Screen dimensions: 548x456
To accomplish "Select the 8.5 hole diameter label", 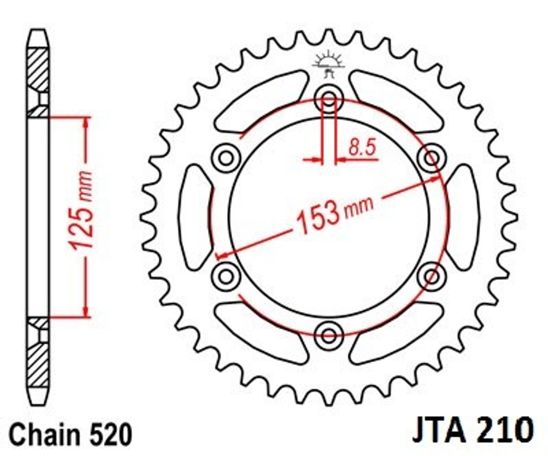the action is tap(362, 147).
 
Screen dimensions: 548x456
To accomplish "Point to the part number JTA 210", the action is tap(473, 430).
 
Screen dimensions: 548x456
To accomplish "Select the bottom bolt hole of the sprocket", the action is tap(329, 335).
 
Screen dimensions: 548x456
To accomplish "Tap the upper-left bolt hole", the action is tap(226, 158).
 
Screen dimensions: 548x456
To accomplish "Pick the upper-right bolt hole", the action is tap(432, 158).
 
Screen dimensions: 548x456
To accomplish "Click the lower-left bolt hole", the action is tap(226, 276).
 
